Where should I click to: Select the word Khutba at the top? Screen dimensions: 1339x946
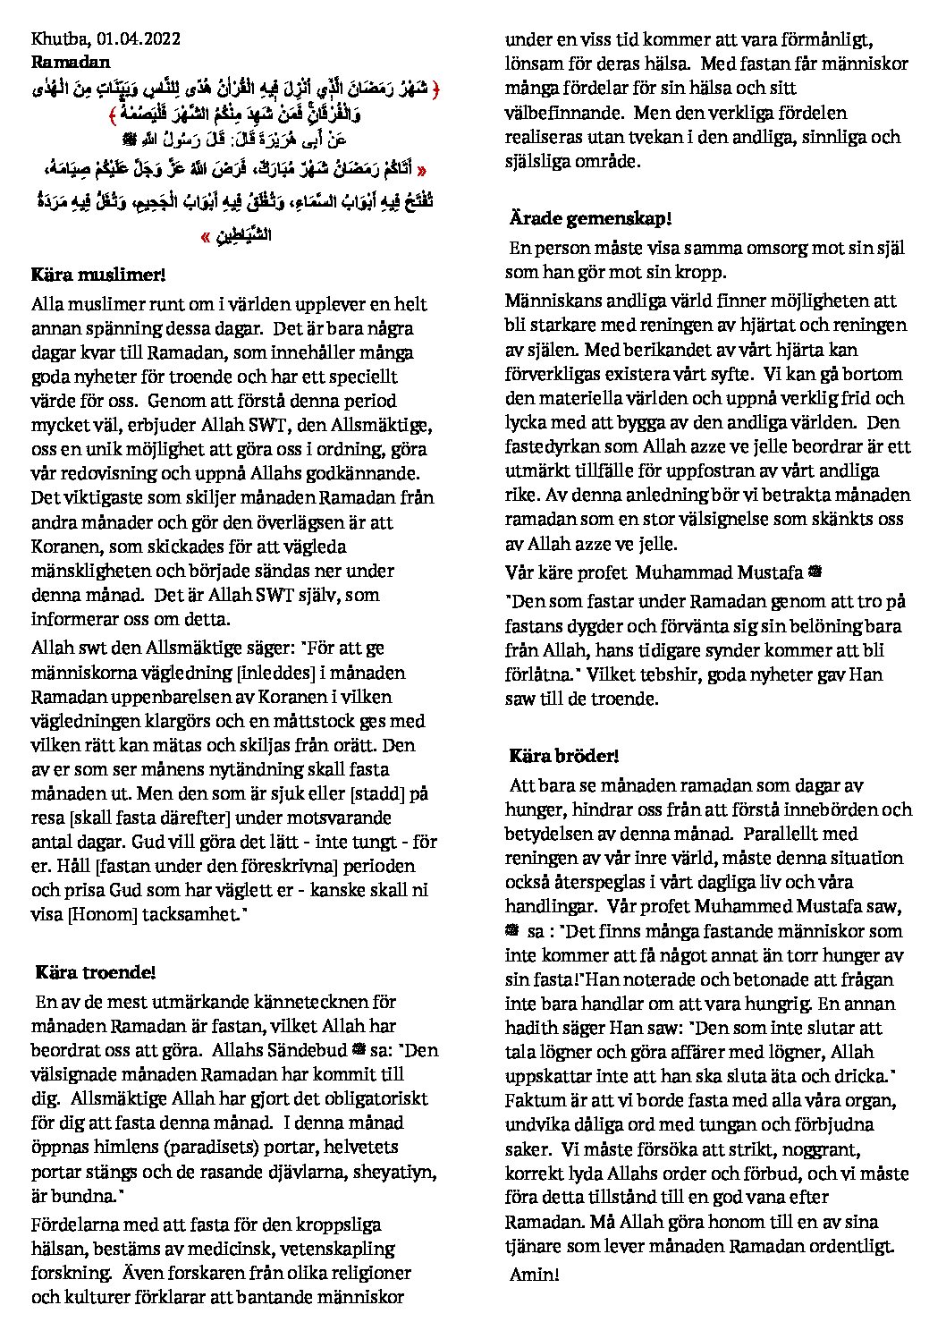tap(56, 38)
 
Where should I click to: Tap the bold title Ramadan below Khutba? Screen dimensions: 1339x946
tap(71, 62)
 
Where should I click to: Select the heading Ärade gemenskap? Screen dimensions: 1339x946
tap(590, 217)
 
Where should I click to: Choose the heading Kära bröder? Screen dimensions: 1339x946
tap(564, 756)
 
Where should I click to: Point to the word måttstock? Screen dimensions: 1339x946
tap(323, 721)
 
